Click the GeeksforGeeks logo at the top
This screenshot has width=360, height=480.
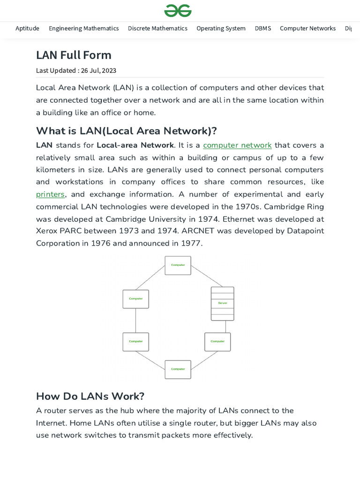[178, 10]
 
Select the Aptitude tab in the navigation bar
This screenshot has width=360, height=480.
[27, 28]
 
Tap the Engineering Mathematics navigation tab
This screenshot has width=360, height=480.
[83, 28]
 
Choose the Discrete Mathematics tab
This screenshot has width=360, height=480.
[157, 28]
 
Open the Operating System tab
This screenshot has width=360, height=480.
[221, 28]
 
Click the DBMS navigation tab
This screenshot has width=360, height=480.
[262, 28]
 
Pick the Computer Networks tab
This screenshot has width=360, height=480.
[307, 28]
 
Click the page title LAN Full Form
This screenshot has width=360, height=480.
[74, 55]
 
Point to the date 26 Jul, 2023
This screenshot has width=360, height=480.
[98, 71]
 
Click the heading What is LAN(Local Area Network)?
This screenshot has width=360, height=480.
[126, 130]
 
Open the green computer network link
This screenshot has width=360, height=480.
[237, 145]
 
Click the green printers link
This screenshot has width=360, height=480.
[50, 194]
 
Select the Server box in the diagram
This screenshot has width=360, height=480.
[222, 303]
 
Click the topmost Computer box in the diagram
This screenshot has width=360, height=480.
[178, 265]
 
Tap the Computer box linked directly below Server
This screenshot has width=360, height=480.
[217, 342]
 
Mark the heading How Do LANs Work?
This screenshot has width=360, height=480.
[90, 396]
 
